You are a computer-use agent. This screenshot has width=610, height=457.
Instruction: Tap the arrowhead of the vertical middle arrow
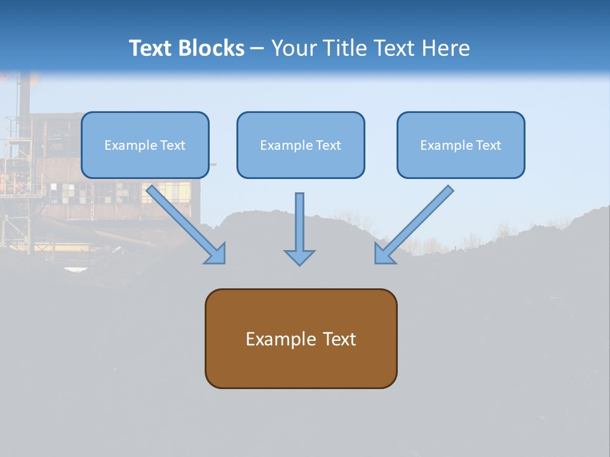pos(299,257)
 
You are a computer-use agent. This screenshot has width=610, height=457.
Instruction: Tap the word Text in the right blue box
pos(489,145)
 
